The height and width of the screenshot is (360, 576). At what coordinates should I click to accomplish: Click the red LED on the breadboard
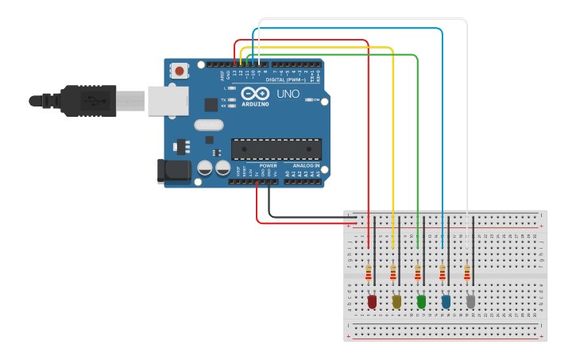372,301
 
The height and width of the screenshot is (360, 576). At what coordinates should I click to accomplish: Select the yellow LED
396,301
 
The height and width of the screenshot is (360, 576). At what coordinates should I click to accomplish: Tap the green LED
421,301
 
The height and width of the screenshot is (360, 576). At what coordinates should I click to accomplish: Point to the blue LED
446,301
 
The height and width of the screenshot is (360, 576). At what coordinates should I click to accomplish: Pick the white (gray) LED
470,301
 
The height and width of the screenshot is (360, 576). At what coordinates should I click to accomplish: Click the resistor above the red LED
369,273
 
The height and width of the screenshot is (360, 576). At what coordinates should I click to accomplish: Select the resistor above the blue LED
443,273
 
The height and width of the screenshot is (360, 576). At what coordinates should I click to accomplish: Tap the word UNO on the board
288,94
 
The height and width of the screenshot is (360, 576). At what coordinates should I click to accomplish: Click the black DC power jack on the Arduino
176,170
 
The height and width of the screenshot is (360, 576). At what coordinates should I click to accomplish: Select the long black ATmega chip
276,149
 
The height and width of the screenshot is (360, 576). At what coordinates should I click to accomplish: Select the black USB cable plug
87,101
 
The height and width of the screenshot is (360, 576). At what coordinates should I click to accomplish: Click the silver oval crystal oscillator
208,125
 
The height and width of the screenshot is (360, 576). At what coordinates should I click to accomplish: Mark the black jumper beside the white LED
474,238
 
